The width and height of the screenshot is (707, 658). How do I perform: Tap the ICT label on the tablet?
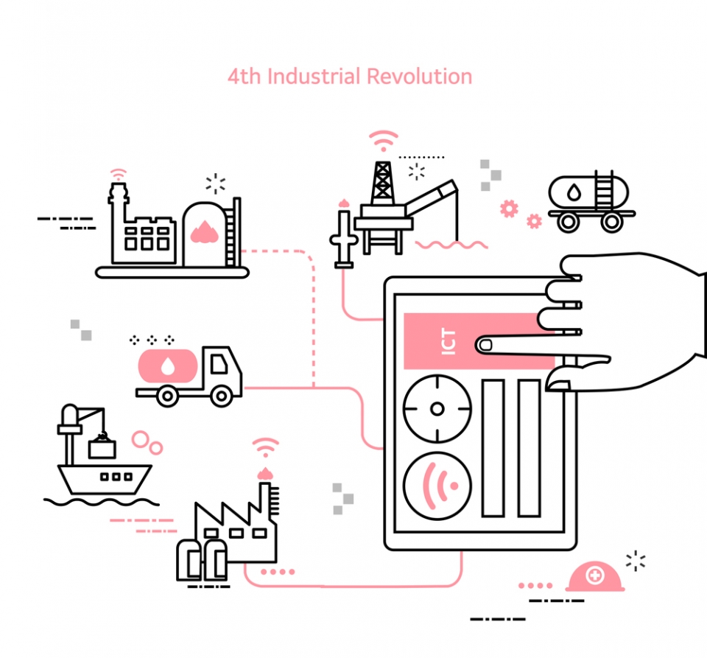point(449,342)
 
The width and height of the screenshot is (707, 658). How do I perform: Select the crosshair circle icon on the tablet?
point(437,409)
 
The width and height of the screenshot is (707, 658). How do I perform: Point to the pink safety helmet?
point(594,578)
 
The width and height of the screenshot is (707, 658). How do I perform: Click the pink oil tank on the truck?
point(169,366)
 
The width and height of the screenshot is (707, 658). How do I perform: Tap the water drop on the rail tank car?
point(573,192)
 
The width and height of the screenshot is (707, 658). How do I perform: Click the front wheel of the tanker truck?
point(221,396)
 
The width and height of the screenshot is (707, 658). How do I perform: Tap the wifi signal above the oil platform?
point(383,140)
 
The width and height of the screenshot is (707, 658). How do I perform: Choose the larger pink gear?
point(509,208)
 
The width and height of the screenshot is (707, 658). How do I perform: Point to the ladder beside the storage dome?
point(233,231)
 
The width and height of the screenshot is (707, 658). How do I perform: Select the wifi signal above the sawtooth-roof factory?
point(266,447)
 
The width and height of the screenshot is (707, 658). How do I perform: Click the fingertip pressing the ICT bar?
point(486,344)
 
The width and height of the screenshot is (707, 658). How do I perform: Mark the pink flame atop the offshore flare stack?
point(342,202)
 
